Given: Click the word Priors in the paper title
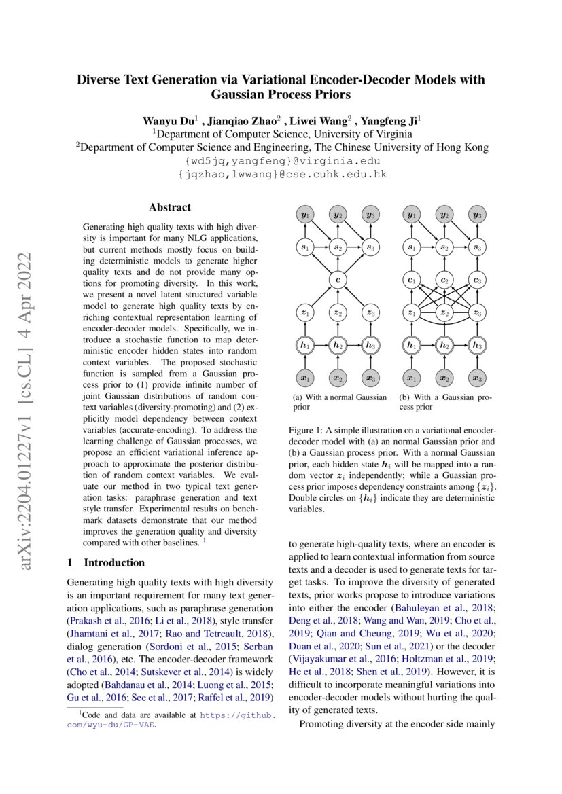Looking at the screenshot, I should [328, 95].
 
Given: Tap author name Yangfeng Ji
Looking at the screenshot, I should [389, 121].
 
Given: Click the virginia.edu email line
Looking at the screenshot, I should [281, 161].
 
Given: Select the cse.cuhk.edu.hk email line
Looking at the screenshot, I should [281, 175].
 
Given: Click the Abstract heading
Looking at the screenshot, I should [170, 208].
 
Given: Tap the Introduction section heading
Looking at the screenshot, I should [113, 562].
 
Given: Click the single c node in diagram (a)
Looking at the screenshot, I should [338, 279].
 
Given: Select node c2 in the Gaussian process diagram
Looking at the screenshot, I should [444, 279].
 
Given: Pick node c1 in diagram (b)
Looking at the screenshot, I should [410, 279].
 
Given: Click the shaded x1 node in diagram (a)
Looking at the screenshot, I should [304, 378].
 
